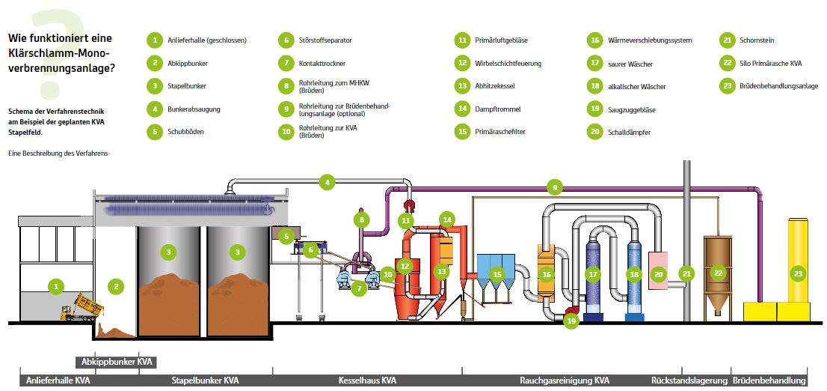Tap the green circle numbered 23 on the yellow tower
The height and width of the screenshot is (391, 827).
[x=798, y=274]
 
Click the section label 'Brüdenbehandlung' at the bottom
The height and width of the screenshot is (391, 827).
[x=769, y=381]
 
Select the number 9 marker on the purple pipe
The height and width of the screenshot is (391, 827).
[x=554, y=186]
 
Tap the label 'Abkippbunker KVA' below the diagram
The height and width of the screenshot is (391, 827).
[x=117, y=362]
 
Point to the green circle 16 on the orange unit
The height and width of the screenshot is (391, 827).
[x=546, y=275]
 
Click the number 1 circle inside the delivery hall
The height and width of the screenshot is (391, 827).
[x=54, y=285]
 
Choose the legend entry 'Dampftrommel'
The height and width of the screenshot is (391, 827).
[x=497, y=109]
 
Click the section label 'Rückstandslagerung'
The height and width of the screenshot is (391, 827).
[x=689, y=381]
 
